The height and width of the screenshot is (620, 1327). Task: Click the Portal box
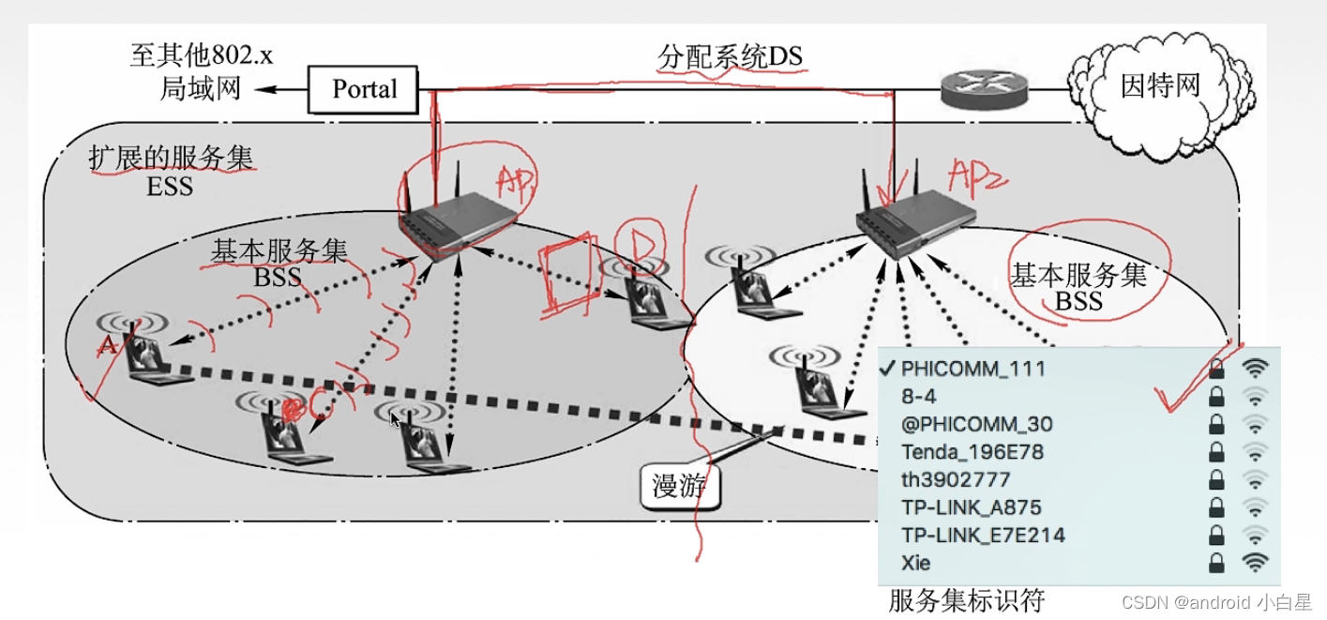(364, 89)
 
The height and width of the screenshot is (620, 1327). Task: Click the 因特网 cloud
(1160, 86)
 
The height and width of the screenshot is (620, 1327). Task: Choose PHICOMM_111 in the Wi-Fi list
(973, 368)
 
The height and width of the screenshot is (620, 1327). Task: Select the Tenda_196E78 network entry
(972, 452)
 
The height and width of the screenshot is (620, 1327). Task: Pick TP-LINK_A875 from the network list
(972, 507)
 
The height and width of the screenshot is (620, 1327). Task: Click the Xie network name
(916, 563)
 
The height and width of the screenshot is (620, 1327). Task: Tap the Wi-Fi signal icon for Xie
(1255, 563)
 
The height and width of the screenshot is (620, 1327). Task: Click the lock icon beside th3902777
(1216, 480)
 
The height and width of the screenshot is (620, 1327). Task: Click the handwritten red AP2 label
(975, 175)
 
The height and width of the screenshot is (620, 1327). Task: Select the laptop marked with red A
(141, 352)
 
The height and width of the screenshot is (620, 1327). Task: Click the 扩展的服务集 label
(171, 158)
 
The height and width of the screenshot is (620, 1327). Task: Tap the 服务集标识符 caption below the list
(966, 600)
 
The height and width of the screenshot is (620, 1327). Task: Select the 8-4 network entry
(919, 396)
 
